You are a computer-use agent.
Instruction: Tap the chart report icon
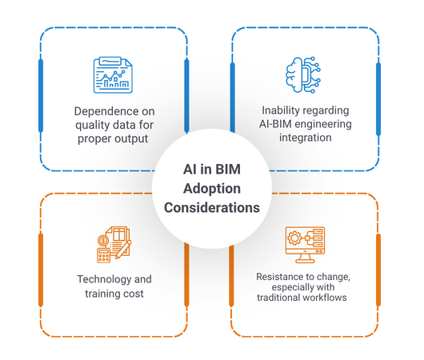[113, 75]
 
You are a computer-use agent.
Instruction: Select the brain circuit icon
[303, 75]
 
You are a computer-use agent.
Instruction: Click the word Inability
[278, 110]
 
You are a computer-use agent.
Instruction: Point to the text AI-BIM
[275, 124]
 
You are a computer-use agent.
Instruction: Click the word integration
[306, 138]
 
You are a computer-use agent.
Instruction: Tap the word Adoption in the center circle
[212, 189]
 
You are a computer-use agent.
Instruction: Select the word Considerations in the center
[212, 208]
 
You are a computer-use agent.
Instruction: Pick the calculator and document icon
[114, 245]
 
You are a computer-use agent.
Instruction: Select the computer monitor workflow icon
[305, 245]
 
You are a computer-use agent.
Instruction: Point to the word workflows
[325, 298]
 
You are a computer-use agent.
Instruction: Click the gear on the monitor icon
[294, 238]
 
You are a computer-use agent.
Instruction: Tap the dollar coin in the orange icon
[103, 240]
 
